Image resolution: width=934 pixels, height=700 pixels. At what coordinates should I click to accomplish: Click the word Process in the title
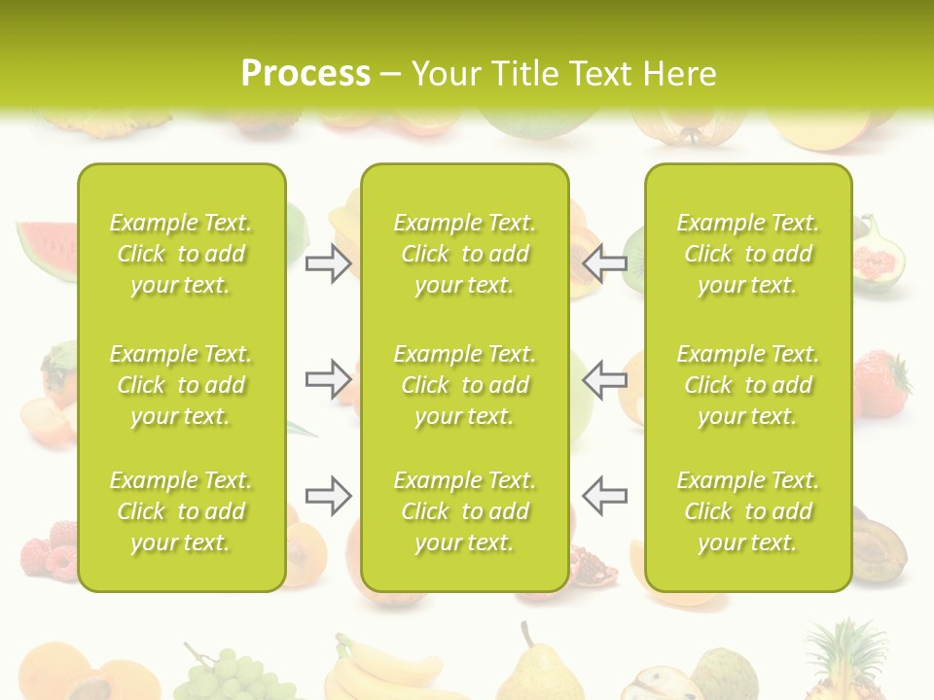tap(305, 74)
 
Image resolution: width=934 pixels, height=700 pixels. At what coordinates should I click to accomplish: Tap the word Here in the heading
tap(677, 74)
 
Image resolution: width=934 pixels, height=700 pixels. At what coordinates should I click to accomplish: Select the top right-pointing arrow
tap(329, 262)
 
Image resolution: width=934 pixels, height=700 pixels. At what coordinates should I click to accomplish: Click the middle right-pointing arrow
tap(329, 379)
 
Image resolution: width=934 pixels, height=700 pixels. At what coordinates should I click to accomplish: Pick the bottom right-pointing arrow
tap(329, 495)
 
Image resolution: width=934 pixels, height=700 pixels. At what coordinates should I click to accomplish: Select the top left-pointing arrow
tap(605, 262)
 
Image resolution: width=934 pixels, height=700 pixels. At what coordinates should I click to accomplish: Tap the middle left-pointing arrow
tap(605, 379)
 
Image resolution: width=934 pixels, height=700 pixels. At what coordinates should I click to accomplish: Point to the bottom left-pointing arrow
tap(605, 495)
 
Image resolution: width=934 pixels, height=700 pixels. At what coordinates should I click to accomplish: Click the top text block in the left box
tap(181, 254)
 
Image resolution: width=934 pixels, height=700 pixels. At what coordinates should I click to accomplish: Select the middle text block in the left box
tap(181, 385)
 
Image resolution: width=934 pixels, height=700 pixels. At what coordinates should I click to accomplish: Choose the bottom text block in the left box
tap(181, 511)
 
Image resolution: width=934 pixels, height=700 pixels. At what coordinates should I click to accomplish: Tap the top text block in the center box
tap(464, 254)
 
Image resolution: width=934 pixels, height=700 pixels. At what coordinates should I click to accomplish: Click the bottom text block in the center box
tap(464, 511)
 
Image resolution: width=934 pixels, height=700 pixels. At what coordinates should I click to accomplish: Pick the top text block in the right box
tap(747, 254)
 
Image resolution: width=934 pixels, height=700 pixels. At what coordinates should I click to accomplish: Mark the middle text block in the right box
tap(747, 385)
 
